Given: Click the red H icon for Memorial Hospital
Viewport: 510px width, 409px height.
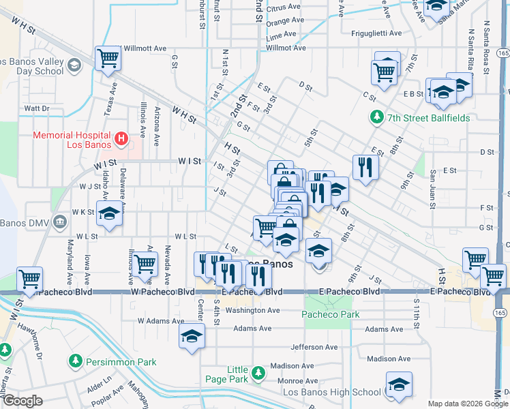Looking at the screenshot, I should click(x=121, y=139).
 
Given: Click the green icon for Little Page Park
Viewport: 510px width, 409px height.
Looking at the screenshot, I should click(x=258, y=373).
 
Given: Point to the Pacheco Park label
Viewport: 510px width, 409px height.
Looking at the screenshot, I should click(x=331, y=314).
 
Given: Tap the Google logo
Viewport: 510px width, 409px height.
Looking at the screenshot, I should click(x=22, y=401).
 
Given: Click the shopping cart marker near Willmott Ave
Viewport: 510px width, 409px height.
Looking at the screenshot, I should click(x=108, y=59).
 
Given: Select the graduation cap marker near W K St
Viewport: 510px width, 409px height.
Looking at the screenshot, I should click(x=109, y=213).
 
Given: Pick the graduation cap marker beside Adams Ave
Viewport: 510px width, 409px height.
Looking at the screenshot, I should click(x=192, y=335).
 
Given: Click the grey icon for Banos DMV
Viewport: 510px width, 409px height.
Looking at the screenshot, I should click(x=60, y=222).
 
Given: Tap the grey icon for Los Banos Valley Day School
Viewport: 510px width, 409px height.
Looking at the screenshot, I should click(x=73, y=65).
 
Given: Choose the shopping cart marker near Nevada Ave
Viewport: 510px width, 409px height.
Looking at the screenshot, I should click(x=145, y=263).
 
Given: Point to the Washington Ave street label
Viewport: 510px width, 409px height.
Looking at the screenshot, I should click(x=253, y=310).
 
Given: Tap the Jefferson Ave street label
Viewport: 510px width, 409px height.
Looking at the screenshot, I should click(x=314, y=347).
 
